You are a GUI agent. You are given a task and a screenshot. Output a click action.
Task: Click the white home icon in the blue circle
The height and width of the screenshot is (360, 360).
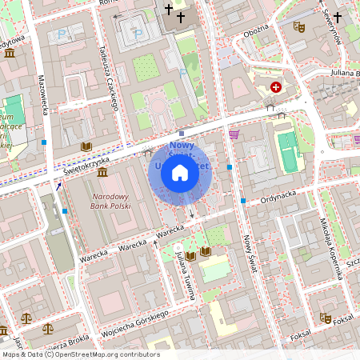(180, 172)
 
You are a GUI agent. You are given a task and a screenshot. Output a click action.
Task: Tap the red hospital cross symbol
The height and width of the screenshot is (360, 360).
(276, 86)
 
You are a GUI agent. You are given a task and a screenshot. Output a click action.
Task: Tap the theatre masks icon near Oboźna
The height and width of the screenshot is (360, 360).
(299, 26)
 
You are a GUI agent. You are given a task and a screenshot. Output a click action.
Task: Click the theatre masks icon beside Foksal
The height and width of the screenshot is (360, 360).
(325, 318)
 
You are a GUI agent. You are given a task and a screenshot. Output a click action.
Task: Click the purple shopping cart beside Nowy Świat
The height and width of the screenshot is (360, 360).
(234, 134)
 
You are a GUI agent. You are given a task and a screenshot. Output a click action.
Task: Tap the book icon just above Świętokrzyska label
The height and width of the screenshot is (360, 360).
(86, 146)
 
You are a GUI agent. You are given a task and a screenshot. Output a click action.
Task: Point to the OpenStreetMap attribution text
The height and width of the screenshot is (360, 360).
(80, 354)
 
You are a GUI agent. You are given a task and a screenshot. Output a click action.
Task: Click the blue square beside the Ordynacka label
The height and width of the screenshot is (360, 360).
(243, 200)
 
